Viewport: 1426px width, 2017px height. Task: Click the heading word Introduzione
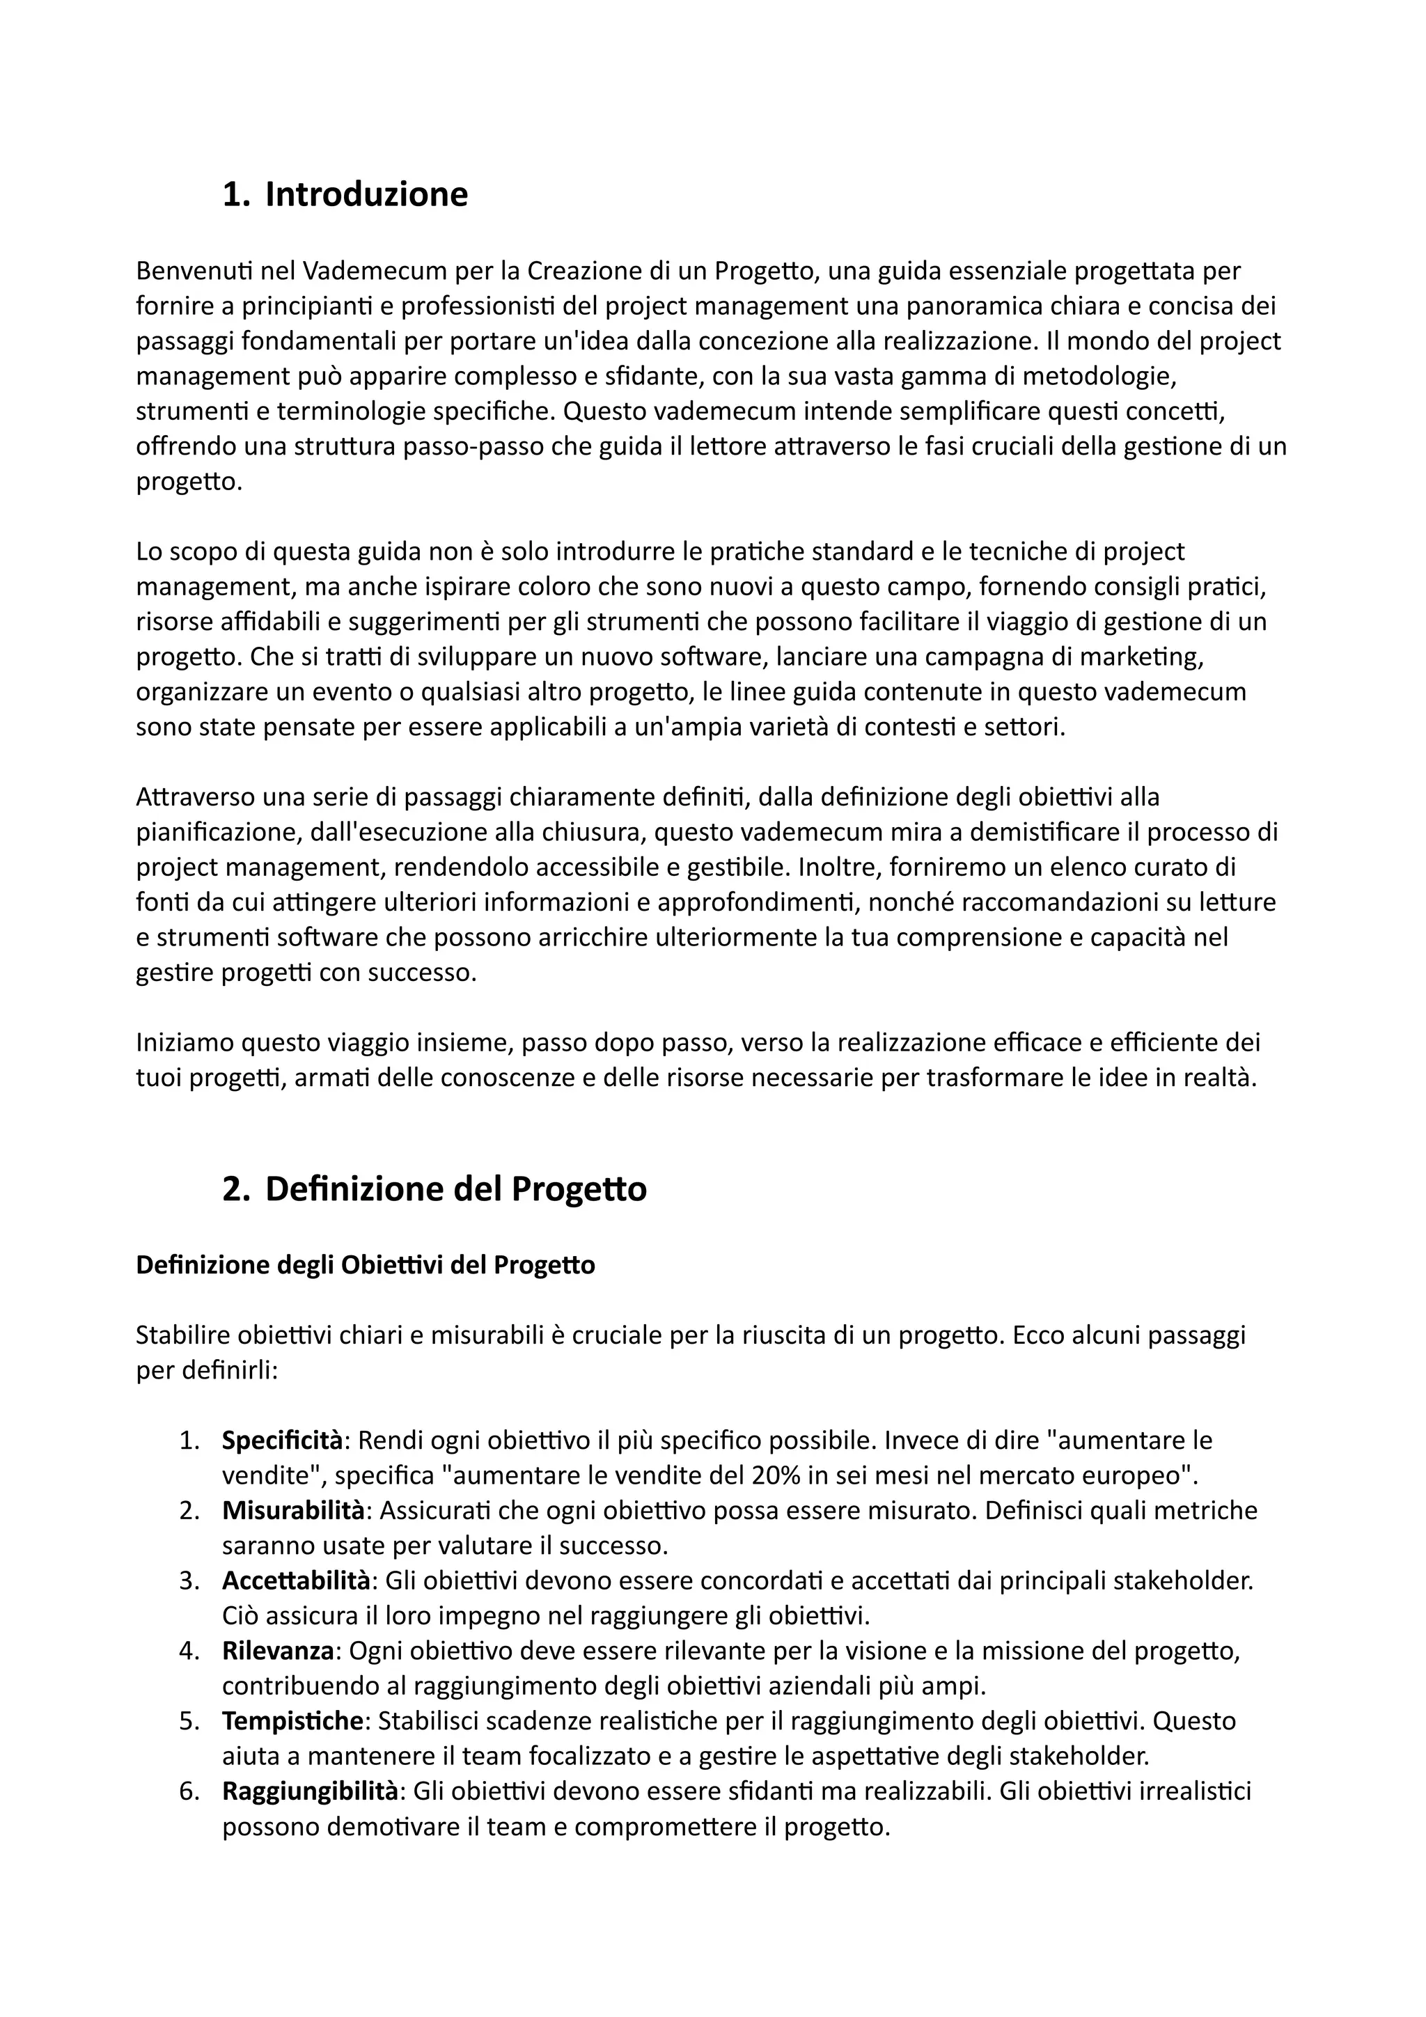tap(366, 194)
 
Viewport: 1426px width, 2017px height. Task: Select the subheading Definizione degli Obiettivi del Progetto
tap(366, 1265)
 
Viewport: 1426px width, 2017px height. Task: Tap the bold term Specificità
tap(282, 1440)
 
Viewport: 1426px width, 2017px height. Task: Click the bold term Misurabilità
tap(293, 1510)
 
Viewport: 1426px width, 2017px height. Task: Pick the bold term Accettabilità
tap(296, 1580)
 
